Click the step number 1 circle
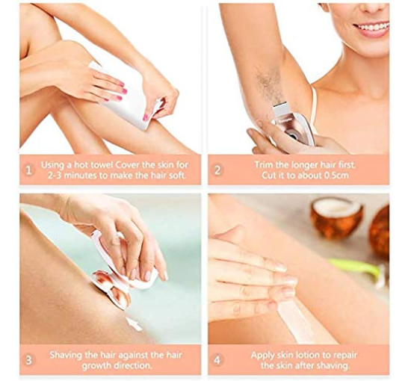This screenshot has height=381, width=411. [29, 170]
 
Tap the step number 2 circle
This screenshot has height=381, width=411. [217, 170]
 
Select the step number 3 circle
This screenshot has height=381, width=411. [28, 360]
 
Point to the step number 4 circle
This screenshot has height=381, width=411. [217, 360]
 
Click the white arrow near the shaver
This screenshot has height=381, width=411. [134, 323]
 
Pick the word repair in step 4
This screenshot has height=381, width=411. [345, 356]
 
